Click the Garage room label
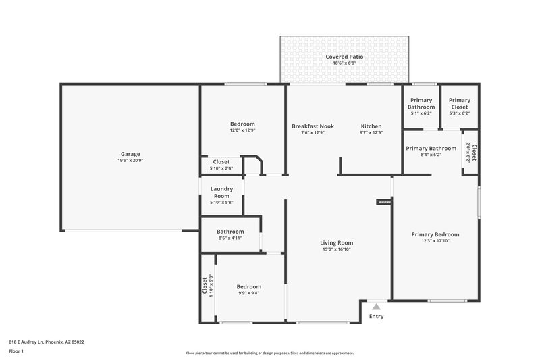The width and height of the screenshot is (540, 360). [x=130, y=154]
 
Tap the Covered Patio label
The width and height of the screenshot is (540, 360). [x=344, y=57]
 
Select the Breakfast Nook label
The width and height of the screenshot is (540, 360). [x=313, y=126]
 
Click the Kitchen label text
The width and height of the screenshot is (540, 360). [x=371, y=126]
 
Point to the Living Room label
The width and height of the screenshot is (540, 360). [x=336, y=243]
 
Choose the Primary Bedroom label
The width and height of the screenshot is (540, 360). [x=435, y=234]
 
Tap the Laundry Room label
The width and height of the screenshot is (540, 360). [x=221, y=192]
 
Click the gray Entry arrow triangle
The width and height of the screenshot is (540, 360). [x=377, y=307]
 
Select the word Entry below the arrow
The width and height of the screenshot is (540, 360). [x=376, y=316]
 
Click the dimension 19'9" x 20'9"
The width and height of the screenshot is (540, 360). [x=130, y=161]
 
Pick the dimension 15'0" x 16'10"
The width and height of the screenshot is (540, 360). [x=336, y=249]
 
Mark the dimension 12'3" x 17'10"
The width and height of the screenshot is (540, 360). [x=435, y=241]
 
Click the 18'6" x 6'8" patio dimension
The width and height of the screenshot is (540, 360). [x=344, y=63]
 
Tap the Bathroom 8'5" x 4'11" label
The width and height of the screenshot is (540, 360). [x=230, y=231]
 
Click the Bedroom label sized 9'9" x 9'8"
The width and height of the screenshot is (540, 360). [x=248, y=287]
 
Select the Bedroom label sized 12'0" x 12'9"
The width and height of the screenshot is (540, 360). [x=242, y=124]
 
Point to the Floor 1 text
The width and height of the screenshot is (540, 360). [x=16, y=352]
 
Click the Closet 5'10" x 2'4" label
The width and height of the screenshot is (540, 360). [x=221, y=162]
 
